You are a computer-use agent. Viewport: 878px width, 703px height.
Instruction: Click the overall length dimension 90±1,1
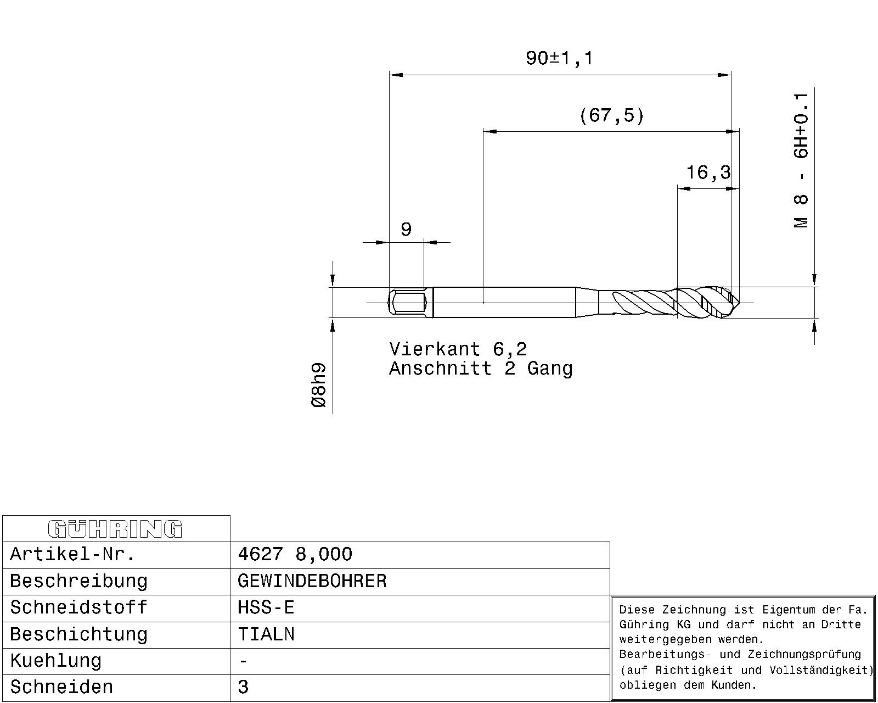[559, 58]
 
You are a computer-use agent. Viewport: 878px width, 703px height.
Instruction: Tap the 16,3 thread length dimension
[708, 172]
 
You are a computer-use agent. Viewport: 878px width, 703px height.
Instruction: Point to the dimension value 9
[406, 229]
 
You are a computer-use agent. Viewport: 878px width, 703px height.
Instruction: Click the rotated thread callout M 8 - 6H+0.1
[801, 160]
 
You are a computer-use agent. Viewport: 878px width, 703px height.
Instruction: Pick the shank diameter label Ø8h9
[319, 385]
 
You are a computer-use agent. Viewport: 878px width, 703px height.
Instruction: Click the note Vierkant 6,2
[458, 349]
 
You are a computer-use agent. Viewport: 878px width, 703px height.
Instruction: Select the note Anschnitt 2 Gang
[481, 369]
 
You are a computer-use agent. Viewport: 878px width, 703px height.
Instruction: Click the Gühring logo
[115, 529]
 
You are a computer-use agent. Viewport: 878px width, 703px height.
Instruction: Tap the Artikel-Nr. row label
[72, 554]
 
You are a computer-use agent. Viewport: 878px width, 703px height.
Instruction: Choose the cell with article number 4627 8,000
[295, 554]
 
